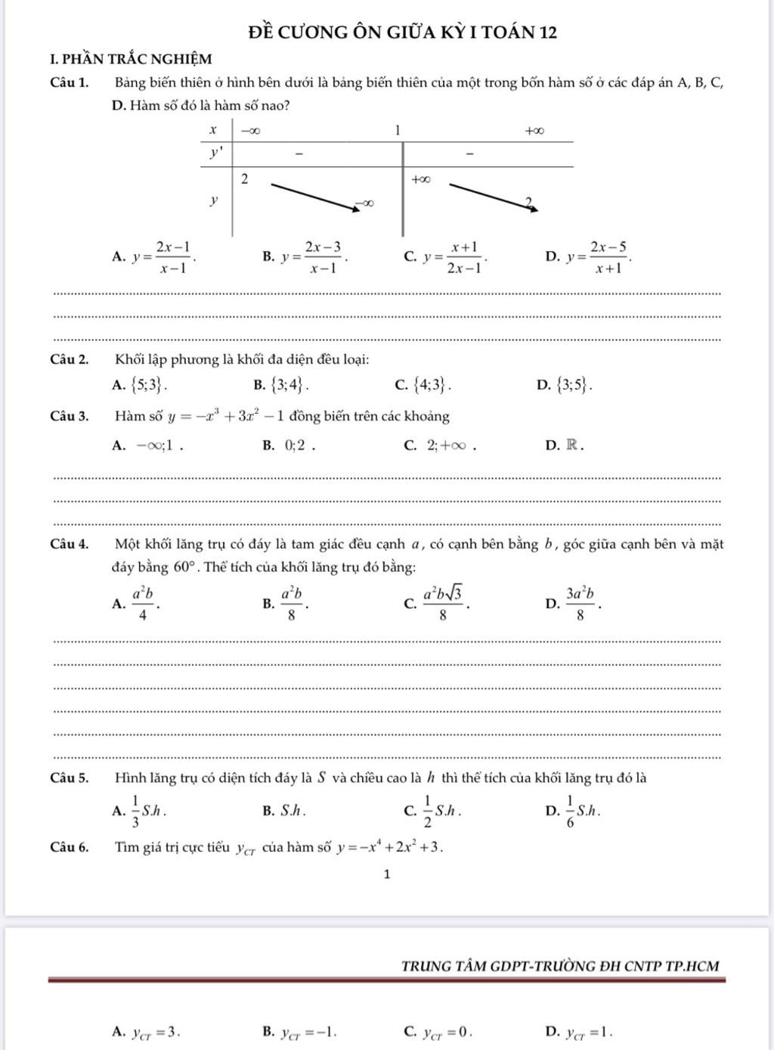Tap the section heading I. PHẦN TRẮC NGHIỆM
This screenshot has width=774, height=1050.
[x=131, y=58]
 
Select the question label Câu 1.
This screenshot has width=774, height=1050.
[x=70, y=82]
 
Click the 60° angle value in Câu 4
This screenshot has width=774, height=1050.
[x=185, y=567]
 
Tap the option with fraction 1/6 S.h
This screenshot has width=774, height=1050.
[x=583, y=811]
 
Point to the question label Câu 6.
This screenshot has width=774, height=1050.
[x=70, y=847]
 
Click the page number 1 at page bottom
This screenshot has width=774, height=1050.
[x=387, y=874]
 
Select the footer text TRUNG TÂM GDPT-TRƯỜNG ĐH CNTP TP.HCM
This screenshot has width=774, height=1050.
[x=560, y=966]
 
